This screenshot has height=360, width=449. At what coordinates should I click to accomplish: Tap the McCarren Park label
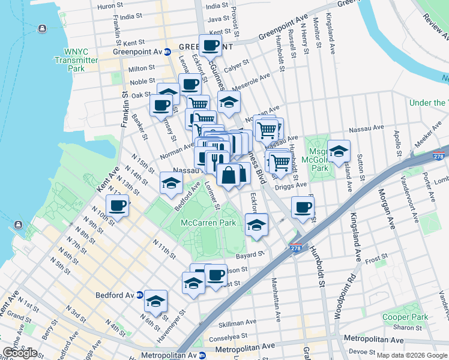(209, 223)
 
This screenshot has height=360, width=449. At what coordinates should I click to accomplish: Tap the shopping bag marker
(229, 176)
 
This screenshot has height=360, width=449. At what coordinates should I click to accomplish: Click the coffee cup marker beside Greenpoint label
(211, 46)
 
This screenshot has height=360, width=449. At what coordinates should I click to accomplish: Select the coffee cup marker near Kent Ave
(118, 206)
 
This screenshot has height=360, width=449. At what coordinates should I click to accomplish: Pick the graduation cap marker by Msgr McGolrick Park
(339, 152)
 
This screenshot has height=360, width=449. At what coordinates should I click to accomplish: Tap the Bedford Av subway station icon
(140, 295)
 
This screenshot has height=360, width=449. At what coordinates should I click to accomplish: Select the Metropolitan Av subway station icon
(202, 355)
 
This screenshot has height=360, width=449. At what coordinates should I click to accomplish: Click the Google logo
(20, 353)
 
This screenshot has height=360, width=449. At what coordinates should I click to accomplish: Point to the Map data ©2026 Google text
(412, 355)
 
